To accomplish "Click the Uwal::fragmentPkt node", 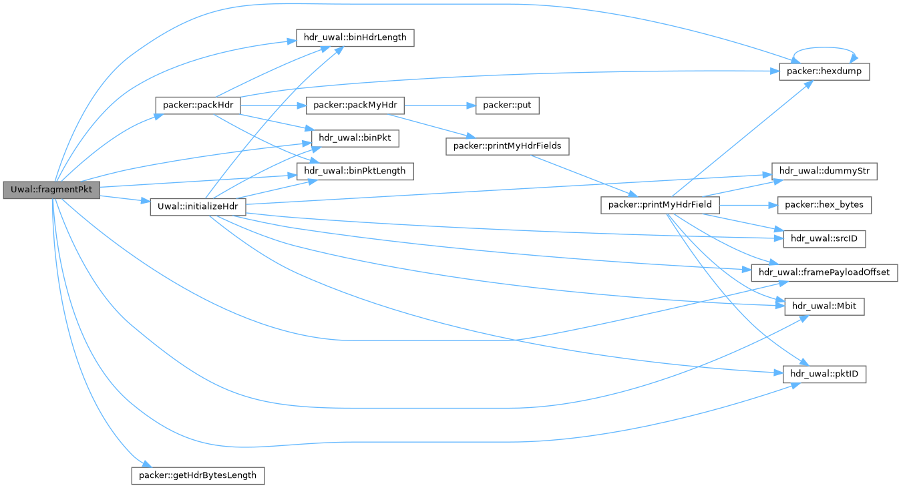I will point(51,190).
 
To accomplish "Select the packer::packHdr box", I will point(197,105).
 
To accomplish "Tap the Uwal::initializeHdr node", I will point(198,206).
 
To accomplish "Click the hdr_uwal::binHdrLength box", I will point(355,37).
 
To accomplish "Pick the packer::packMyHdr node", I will point(355,105).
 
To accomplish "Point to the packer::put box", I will point(506,105).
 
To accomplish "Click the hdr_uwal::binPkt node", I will point(355,138).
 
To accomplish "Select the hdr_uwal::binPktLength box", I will point(355,170).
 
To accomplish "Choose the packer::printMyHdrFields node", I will point(507,146).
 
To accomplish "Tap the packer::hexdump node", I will point(824,71).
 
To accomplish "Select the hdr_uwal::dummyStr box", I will point(824,171).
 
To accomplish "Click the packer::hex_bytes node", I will point(824,205).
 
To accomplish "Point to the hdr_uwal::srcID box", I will point(824,238).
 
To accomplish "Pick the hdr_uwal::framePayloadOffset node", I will point(824,272).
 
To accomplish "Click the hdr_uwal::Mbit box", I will point(824,306).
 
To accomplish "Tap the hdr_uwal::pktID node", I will point(824,375).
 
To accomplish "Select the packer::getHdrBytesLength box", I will point(198,475).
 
